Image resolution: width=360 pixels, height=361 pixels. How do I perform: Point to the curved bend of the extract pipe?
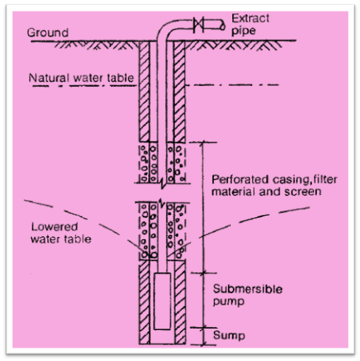167,30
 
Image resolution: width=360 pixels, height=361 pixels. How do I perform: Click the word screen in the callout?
307,190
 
